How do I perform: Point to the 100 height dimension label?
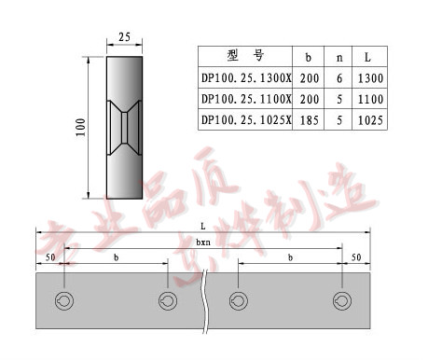[x=81, y=127]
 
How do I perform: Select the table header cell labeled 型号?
[x=245, y=55]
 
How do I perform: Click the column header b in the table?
[x=309, y=56]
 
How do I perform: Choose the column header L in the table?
[x=370, y=56]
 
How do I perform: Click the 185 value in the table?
[x=309, y=119]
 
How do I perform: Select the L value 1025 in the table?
[x=370, y=119]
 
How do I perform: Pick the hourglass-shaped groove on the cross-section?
[x=124, y=127]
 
